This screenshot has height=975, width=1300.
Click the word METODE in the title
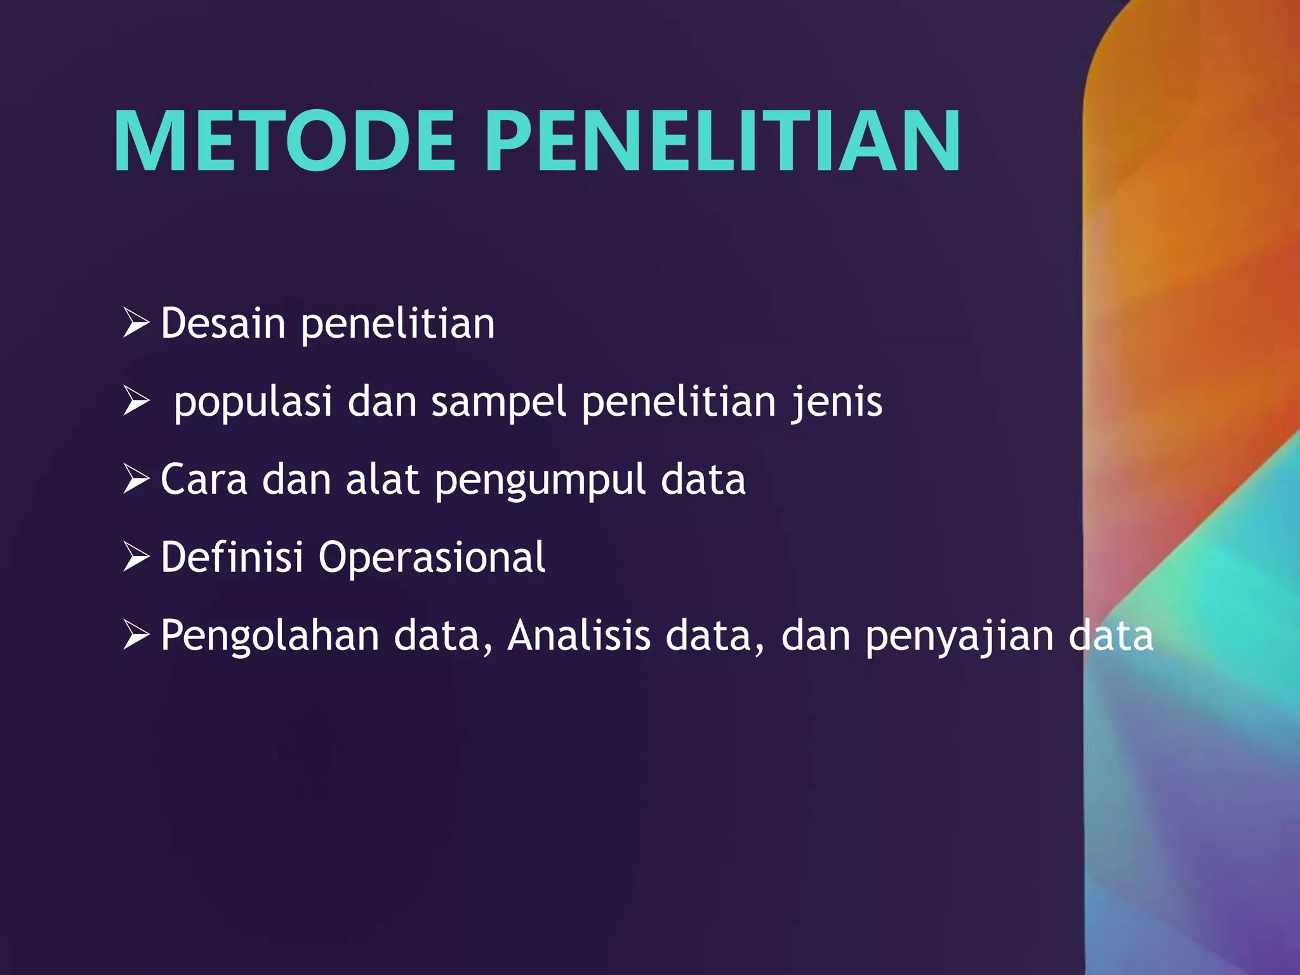[x=284, y=142]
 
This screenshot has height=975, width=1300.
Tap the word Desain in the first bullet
[x=223, y=324]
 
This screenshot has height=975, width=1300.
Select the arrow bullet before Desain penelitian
[x=136, y=323]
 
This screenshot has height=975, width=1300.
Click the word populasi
[x=253, y=403]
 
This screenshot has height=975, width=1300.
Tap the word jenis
[x=837, y=402]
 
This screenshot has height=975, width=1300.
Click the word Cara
[x=204, y=479]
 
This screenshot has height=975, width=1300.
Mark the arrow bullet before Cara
[x=136, y=479]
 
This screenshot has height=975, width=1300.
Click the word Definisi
[x=232, y=557]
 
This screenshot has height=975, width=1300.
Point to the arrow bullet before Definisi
[x=136, y=557]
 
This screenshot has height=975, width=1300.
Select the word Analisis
[x=579, y=635]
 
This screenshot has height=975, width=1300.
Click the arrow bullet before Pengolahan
[x=136, y=635]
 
